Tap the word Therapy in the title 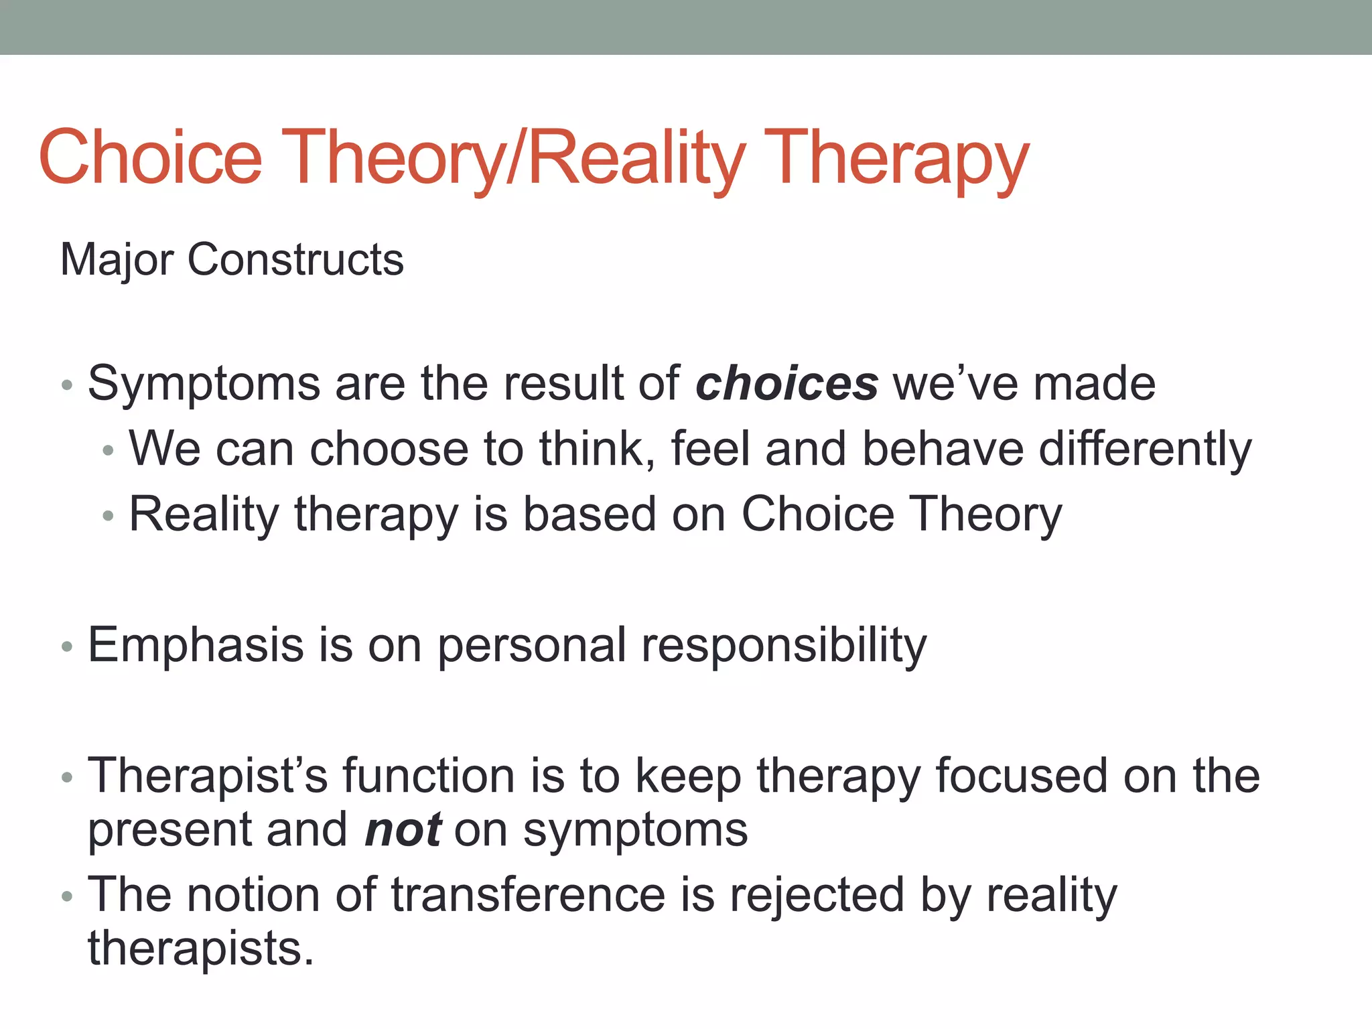coord(896,157)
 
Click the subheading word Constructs coord(295,259)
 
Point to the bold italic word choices coord(786,384)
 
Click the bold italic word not coord(403,829)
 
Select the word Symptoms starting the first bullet coord(204,384)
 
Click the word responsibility coord(784,645)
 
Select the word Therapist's coord(208,776)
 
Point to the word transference coord(529,895)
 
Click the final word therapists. coord(200,949)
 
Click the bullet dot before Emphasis coord(66,647)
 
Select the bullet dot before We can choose coord(109,451)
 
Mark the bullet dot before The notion coord(66,897)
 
